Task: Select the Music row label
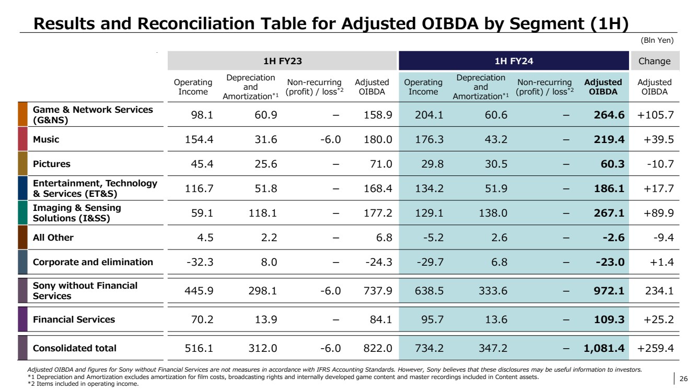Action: [x=46, y=139]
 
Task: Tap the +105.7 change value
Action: [x=655, y=115]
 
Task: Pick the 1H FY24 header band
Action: [x=513, y=61]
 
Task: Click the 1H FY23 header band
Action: [x=282, y=61]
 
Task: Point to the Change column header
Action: [x=654, y=61]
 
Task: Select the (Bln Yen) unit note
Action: [x=657, y=40]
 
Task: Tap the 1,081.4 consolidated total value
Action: [x=599, y=348]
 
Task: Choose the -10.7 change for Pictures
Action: [x=660, y=164]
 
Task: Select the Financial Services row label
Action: [x=74, y=319]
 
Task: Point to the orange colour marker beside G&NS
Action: [x=22, y=115]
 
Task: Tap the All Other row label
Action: [x=53, y=238]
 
